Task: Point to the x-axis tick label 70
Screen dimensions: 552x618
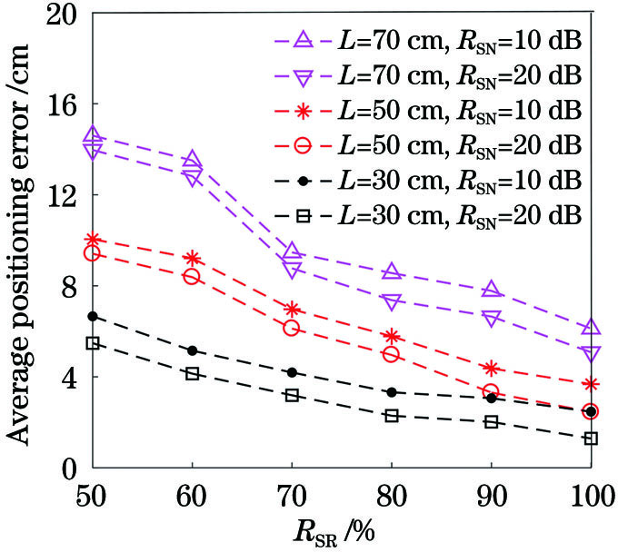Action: coord(291,498)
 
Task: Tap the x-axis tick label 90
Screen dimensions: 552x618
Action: coord(491,498)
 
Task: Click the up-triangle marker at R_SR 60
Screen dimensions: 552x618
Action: coord(192,161)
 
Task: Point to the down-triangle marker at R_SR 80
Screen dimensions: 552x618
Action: coord(392,301)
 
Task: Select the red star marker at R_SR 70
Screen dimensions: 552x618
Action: coord(292,310)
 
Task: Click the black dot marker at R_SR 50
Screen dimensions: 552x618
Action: coord(92,316)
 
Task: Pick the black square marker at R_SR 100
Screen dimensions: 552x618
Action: coord(591,439)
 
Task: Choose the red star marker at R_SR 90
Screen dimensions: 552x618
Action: coord(491,369)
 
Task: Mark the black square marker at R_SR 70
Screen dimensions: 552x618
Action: coord(292,395)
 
